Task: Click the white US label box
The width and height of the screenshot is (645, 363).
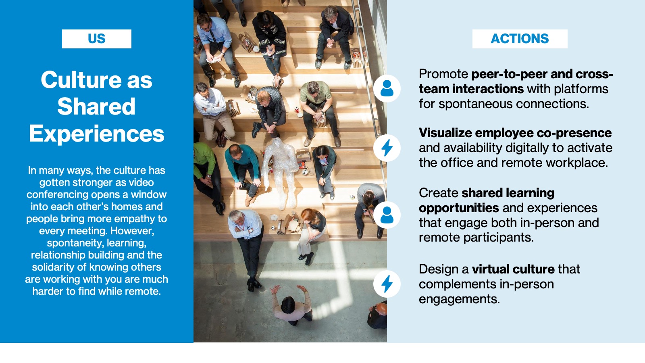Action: coord(96,39)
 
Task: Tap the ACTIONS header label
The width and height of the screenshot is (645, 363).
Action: coord(520,39)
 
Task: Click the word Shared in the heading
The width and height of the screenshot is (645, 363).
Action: coord(96,106)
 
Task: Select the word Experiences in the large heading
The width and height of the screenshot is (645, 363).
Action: coord(96,134)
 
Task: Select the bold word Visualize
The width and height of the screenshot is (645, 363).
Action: coord(445,133)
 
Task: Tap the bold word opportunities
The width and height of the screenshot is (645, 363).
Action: coord(459,208)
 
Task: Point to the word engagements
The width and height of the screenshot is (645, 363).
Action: coord(459,299)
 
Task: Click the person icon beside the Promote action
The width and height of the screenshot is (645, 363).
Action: coord(387,88)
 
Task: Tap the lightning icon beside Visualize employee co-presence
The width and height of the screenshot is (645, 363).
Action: coord(387,148)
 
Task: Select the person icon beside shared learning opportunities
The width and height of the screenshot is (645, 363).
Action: coord(387,215)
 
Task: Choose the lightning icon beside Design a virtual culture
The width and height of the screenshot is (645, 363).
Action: coord(387,284)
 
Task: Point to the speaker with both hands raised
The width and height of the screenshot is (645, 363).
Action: coord(291,305)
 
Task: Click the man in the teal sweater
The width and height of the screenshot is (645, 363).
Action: coord(243,173)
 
